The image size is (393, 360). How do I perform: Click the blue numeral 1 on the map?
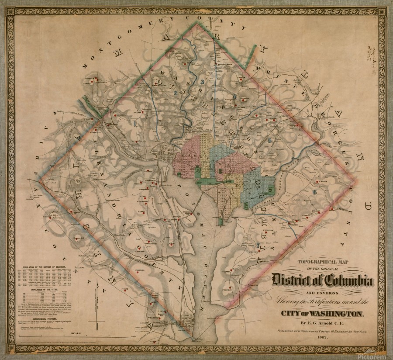[135, 123]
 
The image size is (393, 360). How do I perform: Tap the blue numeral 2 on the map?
[175, 92]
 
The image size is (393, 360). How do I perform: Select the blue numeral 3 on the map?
[202, 82]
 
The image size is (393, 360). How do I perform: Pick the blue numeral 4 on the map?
[234, 97]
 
